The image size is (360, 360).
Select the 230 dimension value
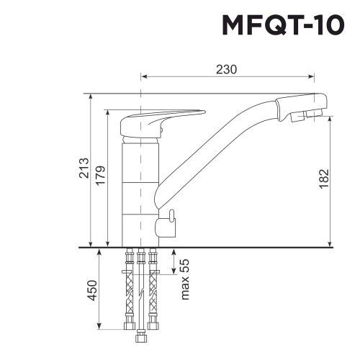tap(227, 69)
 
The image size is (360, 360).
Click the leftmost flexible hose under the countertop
tap(130, 295)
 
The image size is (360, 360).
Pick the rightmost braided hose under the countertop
tap(153, 295)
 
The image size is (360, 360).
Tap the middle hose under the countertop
tap(141, 295)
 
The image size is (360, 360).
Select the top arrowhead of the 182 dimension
tap(330, 120)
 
